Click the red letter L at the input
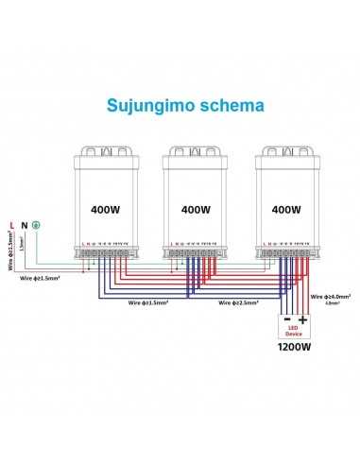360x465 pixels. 10,225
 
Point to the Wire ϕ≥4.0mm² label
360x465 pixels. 331,296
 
